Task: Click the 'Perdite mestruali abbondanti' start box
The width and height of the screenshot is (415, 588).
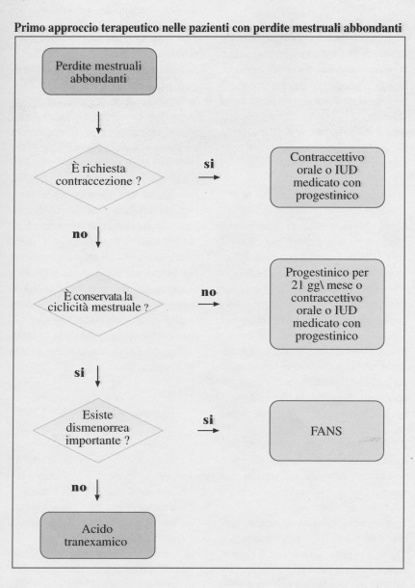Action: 99,71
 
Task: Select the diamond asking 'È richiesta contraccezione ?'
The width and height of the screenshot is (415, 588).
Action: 98,177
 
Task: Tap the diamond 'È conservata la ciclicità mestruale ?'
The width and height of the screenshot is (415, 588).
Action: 98,304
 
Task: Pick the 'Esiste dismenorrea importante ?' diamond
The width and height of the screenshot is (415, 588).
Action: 98,430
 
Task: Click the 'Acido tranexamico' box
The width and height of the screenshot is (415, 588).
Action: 97,536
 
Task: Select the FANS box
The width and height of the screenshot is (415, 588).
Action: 326,431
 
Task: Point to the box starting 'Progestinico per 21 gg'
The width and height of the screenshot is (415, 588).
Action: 327,305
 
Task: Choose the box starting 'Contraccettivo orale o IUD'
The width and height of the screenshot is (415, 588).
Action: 327,177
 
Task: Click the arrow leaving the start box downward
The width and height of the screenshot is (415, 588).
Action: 98,122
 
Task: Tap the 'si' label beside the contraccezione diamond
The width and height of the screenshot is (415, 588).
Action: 209,164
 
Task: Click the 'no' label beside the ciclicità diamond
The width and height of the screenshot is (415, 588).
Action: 209,292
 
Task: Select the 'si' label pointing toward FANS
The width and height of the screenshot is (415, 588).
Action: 208,419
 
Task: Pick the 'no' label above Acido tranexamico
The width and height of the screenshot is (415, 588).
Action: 79,488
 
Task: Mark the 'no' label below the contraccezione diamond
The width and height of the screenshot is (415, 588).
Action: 80,234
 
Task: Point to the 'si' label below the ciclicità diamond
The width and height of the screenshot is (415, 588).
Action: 79,373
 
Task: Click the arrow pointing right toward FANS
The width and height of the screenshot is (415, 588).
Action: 208,430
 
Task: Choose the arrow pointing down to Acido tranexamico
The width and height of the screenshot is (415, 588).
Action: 97,490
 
